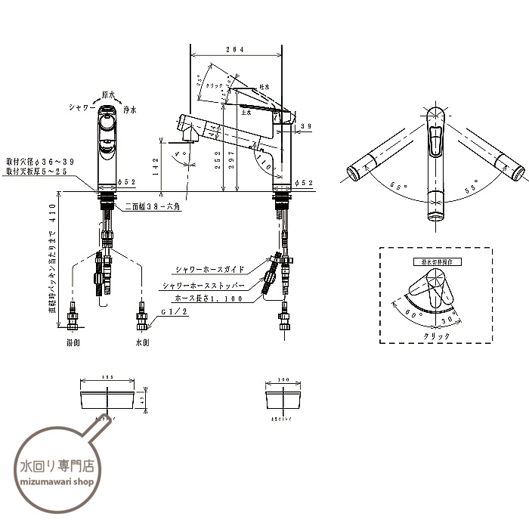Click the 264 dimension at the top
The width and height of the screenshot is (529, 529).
pyautogui.click(x=236, y=50)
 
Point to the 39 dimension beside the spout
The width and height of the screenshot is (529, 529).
pyautogui.click(x=305, y=125)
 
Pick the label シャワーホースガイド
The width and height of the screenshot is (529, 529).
pyautogui.click(x=209, y=269)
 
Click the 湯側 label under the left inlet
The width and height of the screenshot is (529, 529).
pyautogui.click(x=73, y=342)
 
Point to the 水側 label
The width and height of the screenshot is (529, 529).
pyautogui.click(x=144, y=342)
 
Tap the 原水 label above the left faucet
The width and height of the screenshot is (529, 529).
pyautogui.click(x=109, y=95)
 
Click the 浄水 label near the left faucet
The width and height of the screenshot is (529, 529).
pyautogui.click(x=129, y=110)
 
